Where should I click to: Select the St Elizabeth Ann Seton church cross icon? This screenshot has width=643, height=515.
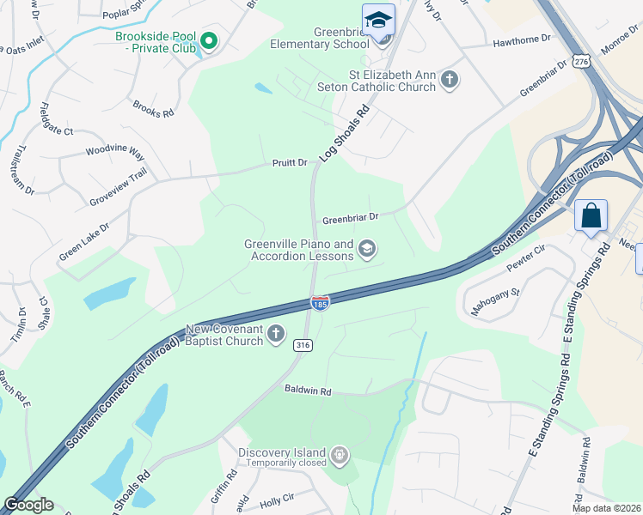[449, 81]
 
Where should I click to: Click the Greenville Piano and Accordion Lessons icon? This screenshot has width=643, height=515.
[367, 250]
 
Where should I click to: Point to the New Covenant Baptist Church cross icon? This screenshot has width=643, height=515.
[276, 334]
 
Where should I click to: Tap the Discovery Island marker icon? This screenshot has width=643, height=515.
[340, 453]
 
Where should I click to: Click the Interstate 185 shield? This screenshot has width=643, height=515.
[320, 303]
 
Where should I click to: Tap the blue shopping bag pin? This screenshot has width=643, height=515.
[591, 215]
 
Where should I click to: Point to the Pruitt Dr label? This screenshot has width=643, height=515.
[290, 162]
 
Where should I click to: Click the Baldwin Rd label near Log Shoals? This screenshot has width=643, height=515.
[308, 391]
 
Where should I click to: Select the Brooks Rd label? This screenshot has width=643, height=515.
[153, 108]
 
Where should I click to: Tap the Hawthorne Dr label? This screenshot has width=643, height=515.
[522, 40]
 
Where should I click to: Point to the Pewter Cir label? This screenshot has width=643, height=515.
[528, 257]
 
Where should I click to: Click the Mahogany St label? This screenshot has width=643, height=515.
[493, 302]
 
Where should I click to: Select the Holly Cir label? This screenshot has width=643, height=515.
[277, 497]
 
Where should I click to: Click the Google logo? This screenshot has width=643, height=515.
[28, 505]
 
